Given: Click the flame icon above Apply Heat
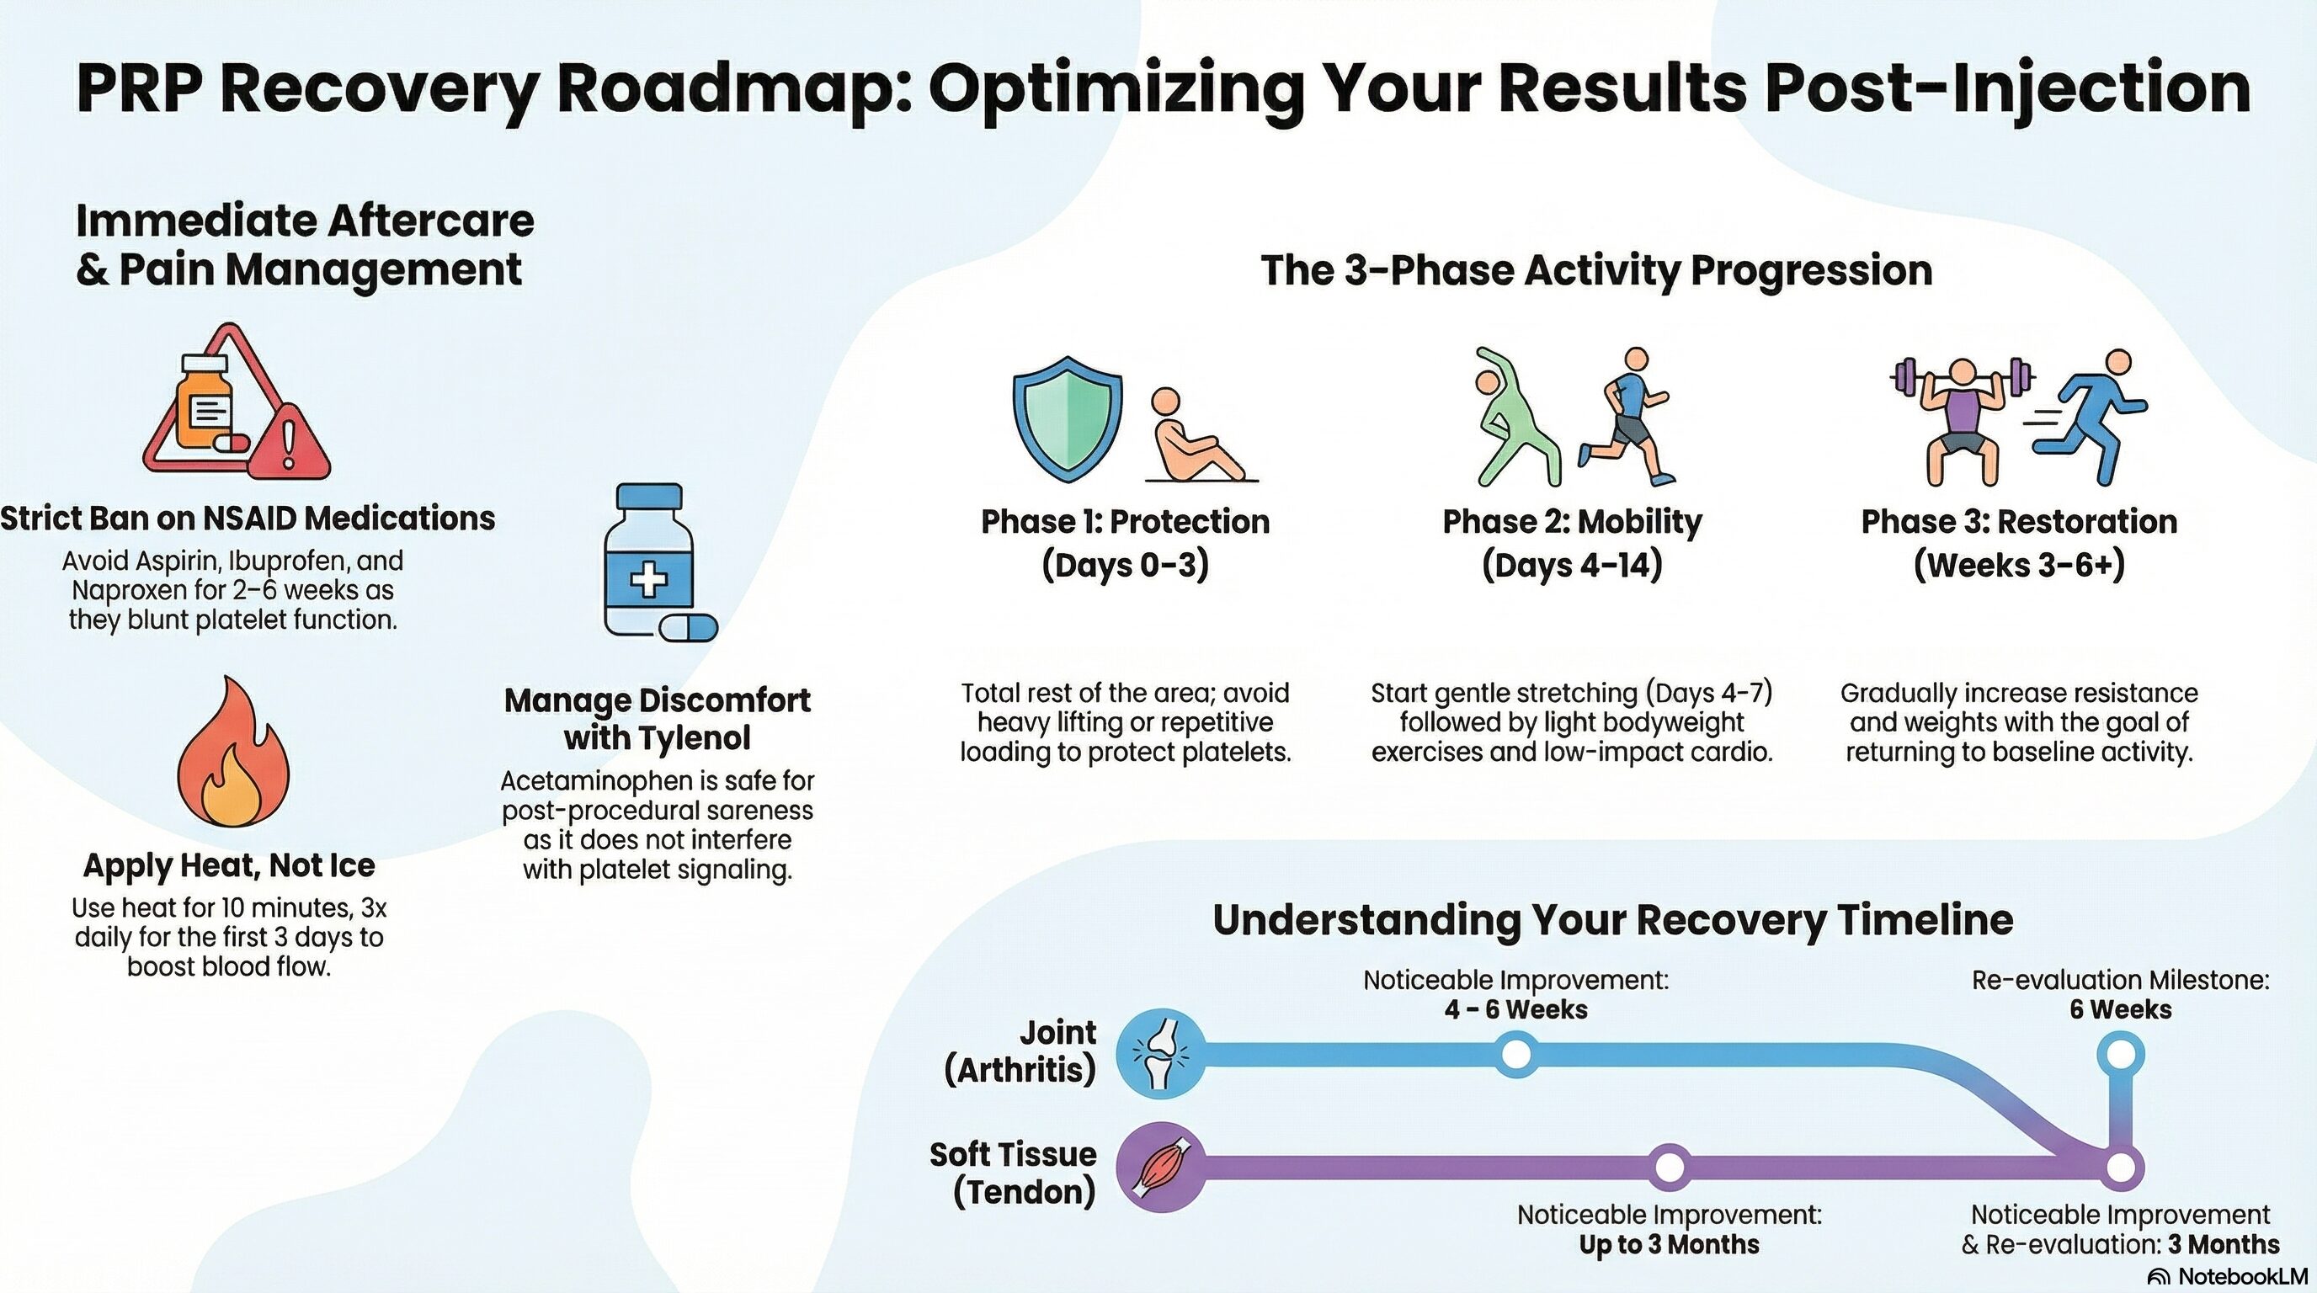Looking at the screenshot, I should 233,755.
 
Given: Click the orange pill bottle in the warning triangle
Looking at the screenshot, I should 205,402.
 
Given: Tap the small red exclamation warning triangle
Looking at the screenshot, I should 289,444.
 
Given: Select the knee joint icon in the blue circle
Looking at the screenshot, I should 1161,1053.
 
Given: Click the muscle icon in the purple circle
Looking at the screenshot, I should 1161,1167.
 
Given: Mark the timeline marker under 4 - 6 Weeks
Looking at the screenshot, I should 1515,1053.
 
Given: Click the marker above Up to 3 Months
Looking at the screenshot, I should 1670,1167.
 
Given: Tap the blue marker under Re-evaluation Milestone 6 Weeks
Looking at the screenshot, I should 2120,1053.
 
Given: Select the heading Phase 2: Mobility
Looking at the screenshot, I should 1571,522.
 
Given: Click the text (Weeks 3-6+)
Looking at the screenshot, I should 2018,566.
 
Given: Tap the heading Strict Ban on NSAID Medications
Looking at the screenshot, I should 248,519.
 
